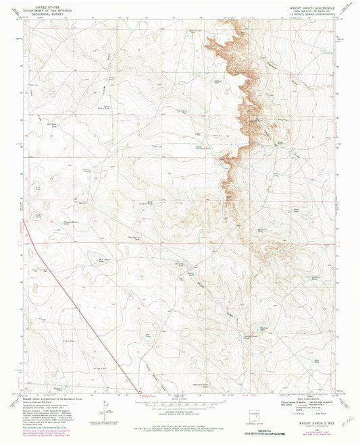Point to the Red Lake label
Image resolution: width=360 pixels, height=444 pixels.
(x=149, y=333)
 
